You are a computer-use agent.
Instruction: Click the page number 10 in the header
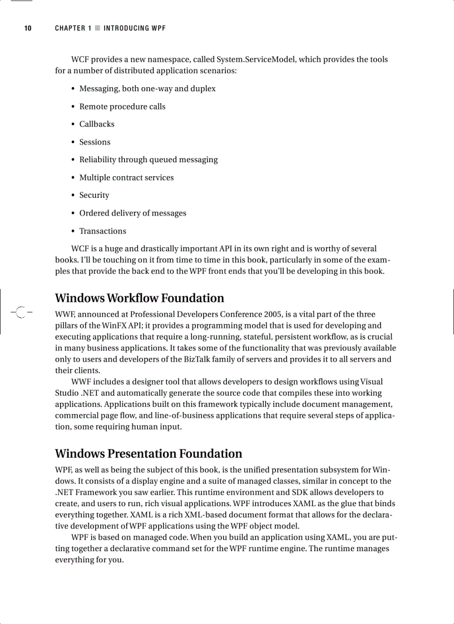point(27,28)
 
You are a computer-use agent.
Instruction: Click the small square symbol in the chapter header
point(97,28)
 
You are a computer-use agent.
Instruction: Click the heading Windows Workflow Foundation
point(139,298)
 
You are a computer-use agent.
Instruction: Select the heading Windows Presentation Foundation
point(149,454)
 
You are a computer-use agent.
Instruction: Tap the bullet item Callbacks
point(97,124)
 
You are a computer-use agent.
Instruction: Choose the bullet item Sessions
point(95,142)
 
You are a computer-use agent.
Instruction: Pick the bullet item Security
point(94,196)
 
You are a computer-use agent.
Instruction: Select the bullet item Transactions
point(102,231)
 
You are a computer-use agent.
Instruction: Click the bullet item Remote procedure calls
point(122,107)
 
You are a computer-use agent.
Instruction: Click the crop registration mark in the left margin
point(21,312)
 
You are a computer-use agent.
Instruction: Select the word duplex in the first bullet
point(203,89)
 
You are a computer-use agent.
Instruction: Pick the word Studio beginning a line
point(67,393)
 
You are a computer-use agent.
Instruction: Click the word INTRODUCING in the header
point(126,28)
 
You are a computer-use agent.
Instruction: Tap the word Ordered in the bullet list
point(94,213)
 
